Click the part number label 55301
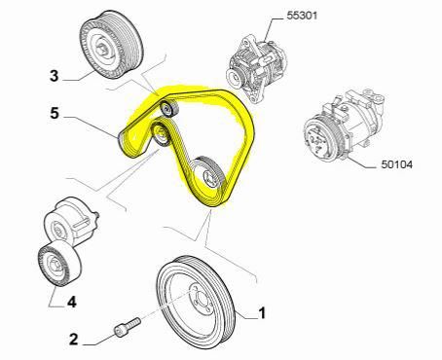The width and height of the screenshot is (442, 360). coord(302,16)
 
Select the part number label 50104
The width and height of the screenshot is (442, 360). coord(396,164)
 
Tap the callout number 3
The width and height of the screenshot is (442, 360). coord(55,76)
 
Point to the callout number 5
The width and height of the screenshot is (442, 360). coord(55,113)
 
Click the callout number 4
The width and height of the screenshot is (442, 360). coord(72,302)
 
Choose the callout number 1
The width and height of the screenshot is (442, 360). coord(262,313)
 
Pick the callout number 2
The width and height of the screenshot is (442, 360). coord(74,340)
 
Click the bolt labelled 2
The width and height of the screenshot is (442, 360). coord(128,327)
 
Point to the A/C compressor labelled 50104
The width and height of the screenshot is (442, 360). coord(345,126)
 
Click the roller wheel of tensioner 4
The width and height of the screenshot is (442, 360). coord(59,264)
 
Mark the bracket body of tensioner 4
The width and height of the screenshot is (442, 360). coord(71,220)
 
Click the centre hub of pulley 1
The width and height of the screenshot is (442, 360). coord(198,299)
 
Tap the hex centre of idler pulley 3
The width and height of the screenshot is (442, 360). coord(102,48)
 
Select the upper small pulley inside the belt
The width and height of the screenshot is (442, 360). coord(169,109)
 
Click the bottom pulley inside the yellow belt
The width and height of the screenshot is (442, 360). coord(209,174)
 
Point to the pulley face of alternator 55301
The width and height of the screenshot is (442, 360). coord(235,78)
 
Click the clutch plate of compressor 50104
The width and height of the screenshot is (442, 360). coord(319,139)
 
